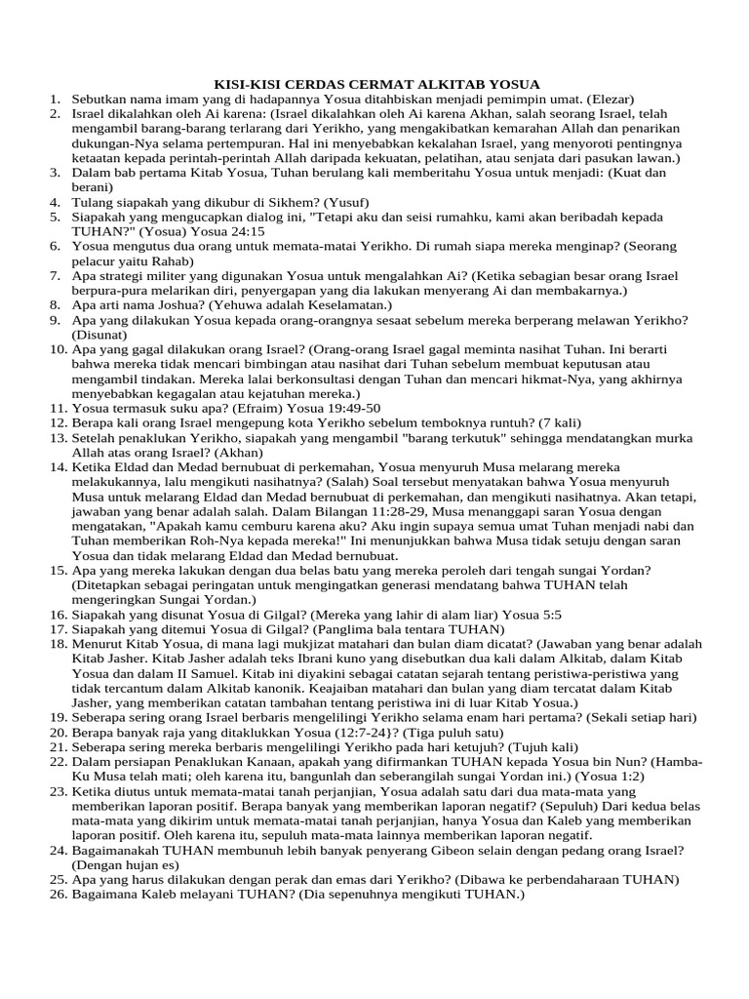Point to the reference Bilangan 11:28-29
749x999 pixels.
(374, 510)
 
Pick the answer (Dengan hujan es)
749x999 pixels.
(122, 863)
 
